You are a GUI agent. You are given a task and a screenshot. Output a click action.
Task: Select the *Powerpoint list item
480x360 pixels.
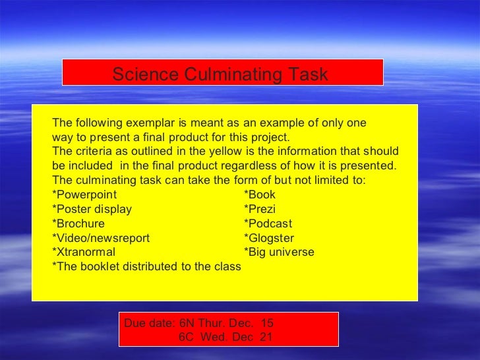(x=84, y=195)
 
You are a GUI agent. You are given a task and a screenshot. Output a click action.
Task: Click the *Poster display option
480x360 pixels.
(x=92, y=209)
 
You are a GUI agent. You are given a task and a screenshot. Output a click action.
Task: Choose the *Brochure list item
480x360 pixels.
(x=78, y=224)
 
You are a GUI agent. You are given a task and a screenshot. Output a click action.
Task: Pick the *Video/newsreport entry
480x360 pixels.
(x=101, y=238)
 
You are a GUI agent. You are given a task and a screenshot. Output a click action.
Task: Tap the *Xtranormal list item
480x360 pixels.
(x=83, y=252)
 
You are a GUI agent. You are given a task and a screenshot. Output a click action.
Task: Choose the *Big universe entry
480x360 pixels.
(x=279, y=252)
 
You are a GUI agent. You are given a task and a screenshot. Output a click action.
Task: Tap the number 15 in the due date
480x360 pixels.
(x=266, y=323)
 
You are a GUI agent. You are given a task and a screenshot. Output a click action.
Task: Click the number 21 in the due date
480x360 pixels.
(x=266, y=337)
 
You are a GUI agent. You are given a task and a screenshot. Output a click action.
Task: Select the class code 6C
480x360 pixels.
(x=187, y=337)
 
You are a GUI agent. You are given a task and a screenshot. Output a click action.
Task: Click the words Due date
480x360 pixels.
(x=150, y=323)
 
